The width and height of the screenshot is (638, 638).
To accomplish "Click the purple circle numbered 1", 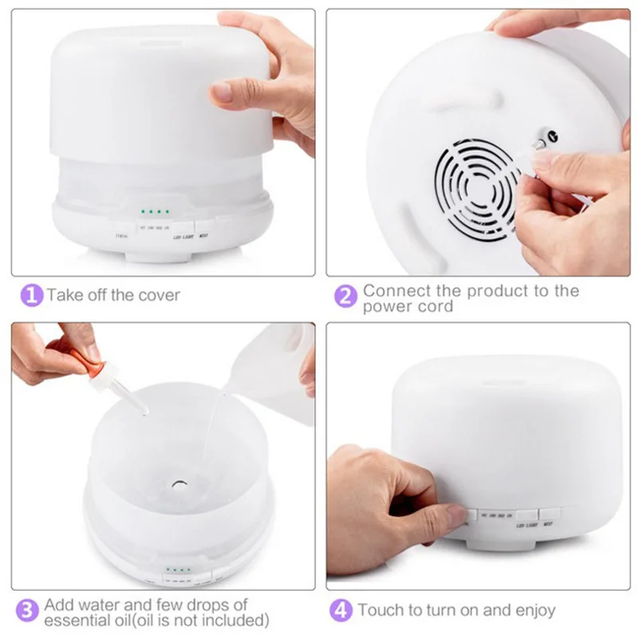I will (30, 295).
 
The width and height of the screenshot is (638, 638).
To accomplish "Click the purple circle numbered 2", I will (345, 297).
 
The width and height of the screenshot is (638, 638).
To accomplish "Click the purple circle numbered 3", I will (30, 612).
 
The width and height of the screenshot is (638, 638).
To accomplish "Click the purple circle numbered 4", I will (342, 611).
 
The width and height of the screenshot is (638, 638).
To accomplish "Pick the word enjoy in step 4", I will (533, 611).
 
